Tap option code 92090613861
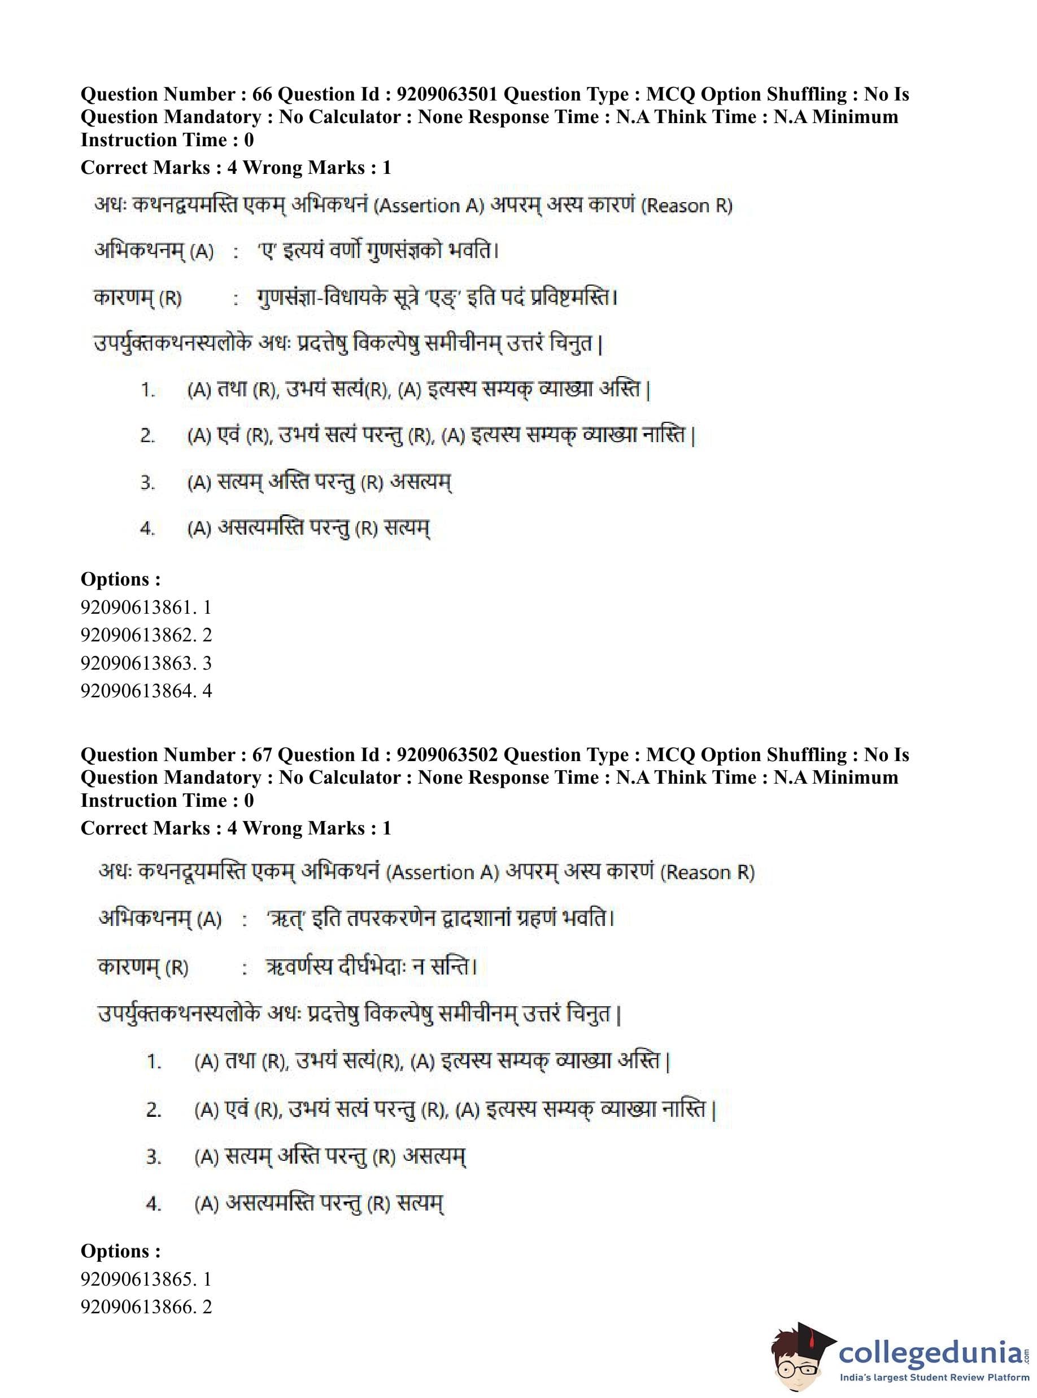[x=137, y=607]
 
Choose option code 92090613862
[x=137, y=635]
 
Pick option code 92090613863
[x=137, y=663]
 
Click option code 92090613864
[x=137, y=691]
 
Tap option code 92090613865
[x=137, y=1279]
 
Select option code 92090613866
[x=137, y=1307]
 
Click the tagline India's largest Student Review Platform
[x=935, y=1377]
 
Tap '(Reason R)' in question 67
[x=709, y=872]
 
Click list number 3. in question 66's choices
[x=147, y=483]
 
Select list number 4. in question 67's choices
[x=154, y=1203]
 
